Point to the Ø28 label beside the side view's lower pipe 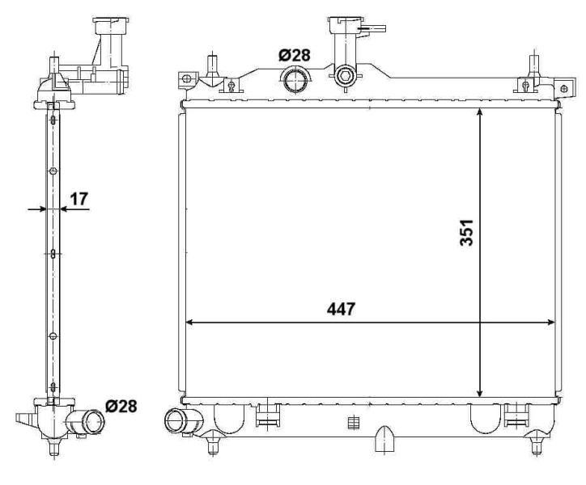coord(120,406)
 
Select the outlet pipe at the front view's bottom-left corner coord(176,421)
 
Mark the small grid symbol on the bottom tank coord(351,422)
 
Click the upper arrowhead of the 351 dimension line coord(481,114)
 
